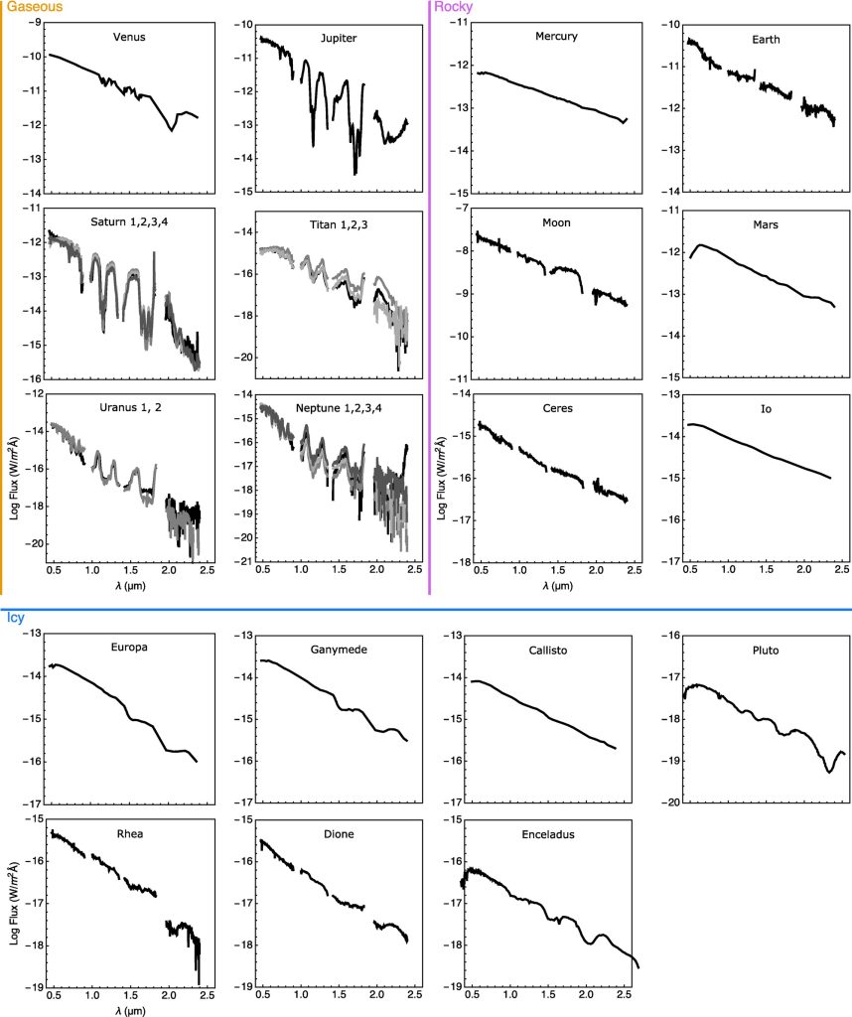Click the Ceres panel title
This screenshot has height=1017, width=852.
pos(556,408)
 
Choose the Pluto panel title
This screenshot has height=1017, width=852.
pos(766,652)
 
